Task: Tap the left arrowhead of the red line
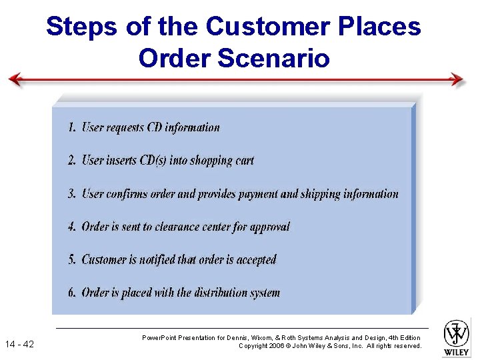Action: pos(15,80)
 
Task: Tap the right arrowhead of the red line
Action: pos(457,79)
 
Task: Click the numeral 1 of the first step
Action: pos(71,127)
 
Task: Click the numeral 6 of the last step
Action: pos(71,293)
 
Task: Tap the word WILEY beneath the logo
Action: pos(457,351)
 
